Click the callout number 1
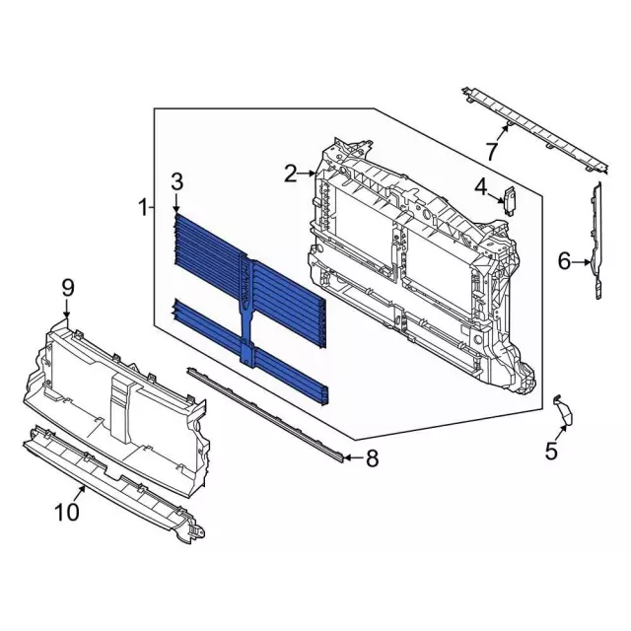tap(143, 208)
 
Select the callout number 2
tap(292, 174)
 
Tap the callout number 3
tap(177, 181)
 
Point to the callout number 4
tap(481, 187)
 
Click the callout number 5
tap(551, 451)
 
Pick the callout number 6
tap(564, 261)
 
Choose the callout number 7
tap(492, 151)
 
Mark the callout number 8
tap(372, 458)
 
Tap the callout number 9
tap(68, 288)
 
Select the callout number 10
tap(67, 512)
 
